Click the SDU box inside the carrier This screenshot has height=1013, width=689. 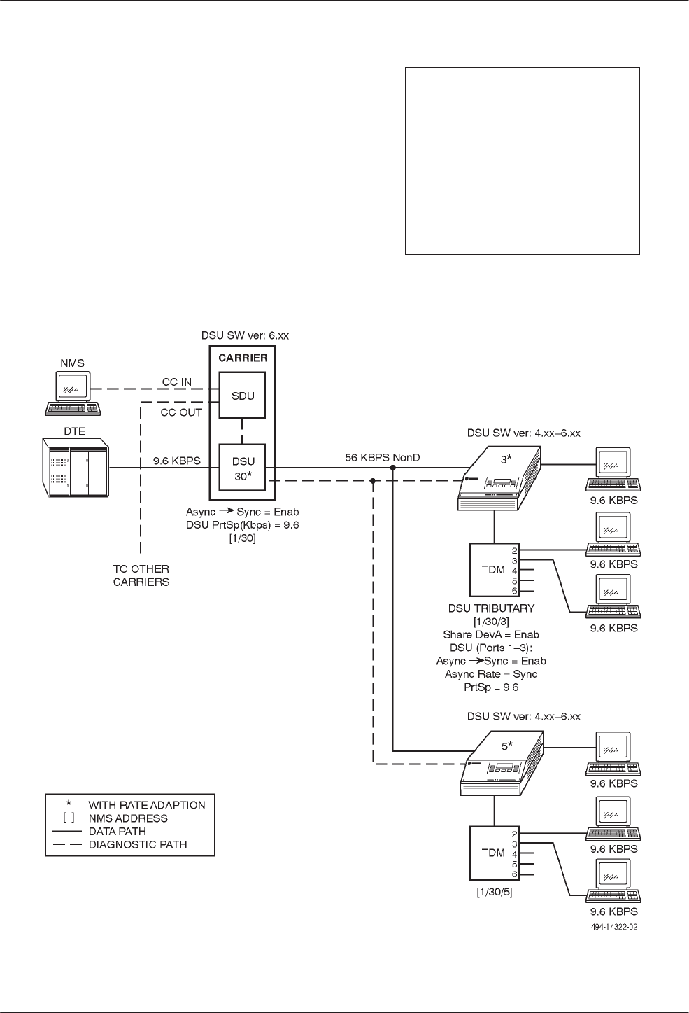pyautogui.click(x=243, y=396)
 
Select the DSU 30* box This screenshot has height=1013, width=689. pyautogui.click(x=243, y=468)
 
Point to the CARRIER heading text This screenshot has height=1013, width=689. pyautogui.click(x=243, y=358)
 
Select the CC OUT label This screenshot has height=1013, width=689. pyautogui.click(x=181, y=412)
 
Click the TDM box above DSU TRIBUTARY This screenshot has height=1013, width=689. pyautogui.click(x=494, y=569)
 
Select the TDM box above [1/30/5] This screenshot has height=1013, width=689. pyautogui.click(x=494, y=853)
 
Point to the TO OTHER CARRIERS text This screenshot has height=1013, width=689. pyautogui.click(x=141, y=575)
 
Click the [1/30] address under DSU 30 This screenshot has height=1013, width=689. pyautogui.click(x=243, y=538)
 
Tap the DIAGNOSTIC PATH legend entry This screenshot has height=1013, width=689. pyautogui.click(x=138, y=845)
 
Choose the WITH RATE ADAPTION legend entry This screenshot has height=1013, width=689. pyautogui.click(x=147, y=805)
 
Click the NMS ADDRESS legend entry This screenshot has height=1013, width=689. pyautogui.click(x=128, y=818)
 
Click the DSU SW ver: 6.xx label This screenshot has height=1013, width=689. pyautogui.click(x=240, y=335)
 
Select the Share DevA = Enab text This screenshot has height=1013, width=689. pyautogui.click(x=491, y=635)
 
